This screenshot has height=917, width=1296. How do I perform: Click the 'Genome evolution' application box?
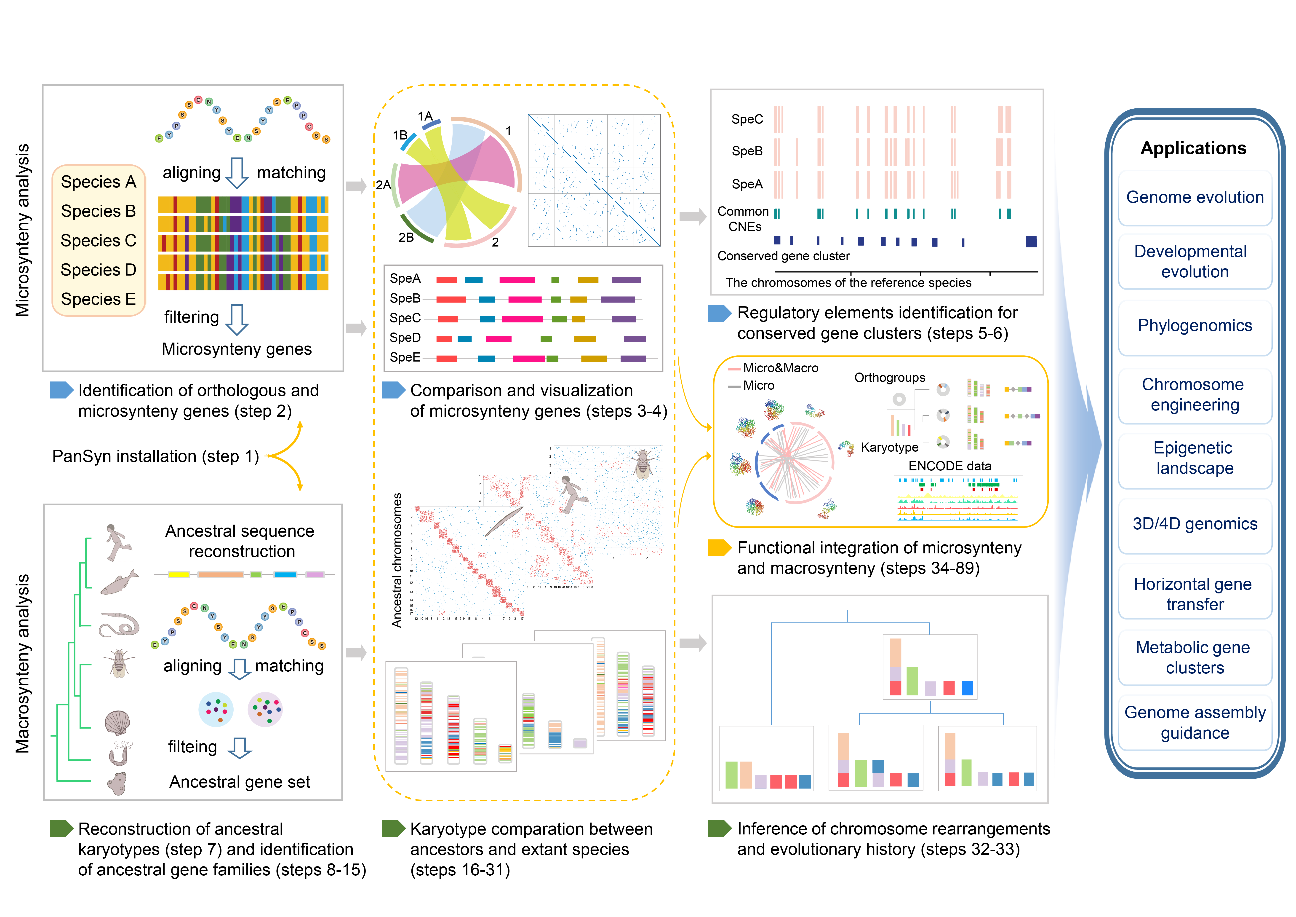[1194, 198]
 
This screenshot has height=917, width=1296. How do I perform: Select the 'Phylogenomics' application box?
[1194, 326]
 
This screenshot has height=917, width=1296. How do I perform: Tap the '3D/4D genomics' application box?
[1194, 524]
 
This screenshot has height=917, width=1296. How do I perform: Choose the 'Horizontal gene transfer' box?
[1194, 594]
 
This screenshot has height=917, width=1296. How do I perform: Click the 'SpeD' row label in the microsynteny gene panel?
[405, 338]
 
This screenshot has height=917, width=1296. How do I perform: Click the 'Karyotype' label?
[890, 447]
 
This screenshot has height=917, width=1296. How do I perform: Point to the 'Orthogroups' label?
[890, 378]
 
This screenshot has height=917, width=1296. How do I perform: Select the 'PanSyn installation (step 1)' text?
[155, 456]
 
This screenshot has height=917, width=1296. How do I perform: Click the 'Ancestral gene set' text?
[240, 782]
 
